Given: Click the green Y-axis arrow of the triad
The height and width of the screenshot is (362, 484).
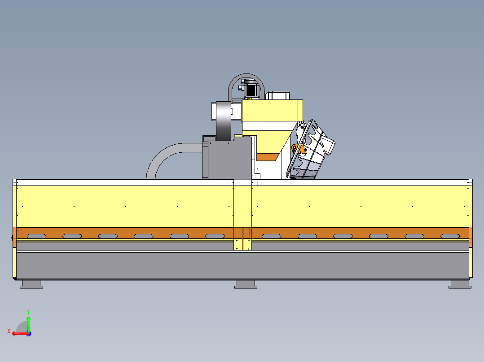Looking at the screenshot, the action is point(28,323).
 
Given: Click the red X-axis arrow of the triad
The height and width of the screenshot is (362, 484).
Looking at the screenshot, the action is point(20,333).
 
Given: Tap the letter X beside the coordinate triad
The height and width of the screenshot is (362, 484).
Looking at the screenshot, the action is point(9,331).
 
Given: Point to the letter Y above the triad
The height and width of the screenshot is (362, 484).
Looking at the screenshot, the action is point(28,311).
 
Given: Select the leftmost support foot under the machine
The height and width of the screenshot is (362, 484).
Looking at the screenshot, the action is point(31,284).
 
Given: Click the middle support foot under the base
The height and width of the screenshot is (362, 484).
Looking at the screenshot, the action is point(246,284).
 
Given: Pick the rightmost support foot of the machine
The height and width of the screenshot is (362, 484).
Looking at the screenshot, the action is point(460,284).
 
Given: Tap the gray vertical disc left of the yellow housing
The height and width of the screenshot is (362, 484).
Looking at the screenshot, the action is point(224,121).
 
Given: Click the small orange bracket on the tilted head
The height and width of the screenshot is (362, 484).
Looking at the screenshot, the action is point(300,149).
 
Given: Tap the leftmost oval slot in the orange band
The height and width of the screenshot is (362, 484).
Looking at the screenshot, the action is point(36,236).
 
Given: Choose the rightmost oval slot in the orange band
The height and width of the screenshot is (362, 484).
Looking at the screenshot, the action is point(450,236).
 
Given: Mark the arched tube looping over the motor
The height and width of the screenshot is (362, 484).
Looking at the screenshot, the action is point(246,77).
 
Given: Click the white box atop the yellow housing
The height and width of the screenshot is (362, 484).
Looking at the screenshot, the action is point(277,95).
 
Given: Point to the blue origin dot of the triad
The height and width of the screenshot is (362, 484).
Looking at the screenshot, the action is point(29,334).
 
